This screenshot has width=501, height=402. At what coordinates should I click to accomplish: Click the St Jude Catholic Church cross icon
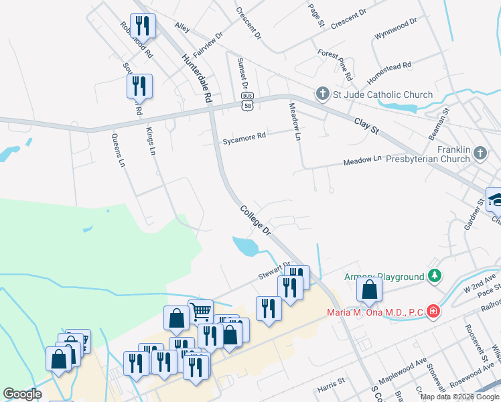point(323,94)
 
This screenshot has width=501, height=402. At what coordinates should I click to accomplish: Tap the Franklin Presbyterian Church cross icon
point(480,154)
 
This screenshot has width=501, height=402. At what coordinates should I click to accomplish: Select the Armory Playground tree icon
point(435,276)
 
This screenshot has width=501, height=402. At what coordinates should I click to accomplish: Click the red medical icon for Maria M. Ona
point(433,312)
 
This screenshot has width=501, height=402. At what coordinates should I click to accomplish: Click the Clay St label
point(366,125)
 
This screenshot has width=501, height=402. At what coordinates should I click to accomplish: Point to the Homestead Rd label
point(388,74)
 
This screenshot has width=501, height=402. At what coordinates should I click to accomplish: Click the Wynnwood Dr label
point(396,27)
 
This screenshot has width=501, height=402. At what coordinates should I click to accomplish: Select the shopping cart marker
point(201,311)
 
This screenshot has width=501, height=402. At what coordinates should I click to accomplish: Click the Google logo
point(22,394)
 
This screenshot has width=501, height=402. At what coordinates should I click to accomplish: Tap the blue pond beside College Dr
point(245,247)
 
